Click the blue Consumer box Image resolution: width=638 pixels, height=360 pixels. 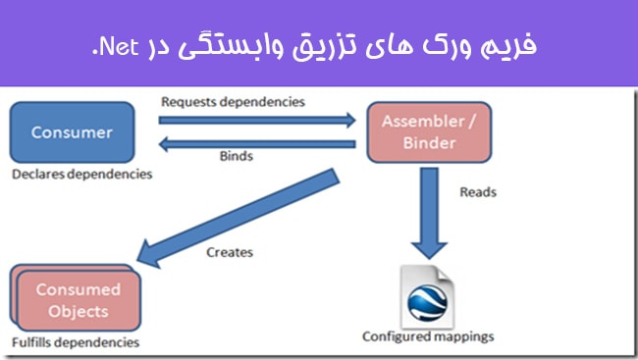(71, 133)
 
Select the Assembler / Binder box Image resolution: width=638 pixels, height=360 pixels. (429, 132)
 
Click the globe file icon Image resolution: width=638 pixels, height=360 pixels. (429, 294)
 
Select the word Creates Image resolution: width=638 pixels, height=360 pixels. (230, 252)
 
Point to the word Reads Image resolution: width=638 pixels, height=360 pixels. (478, 192)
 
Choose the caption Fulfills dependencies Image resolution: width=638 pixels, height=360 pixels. (76, 343)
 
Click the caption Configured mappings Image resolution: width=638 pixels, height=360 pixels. (428, 336)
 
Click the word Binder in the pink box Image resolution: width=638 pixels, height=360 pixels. (429, 143)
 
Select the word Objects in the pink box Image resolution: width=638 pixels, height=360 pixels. (79, 311)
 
